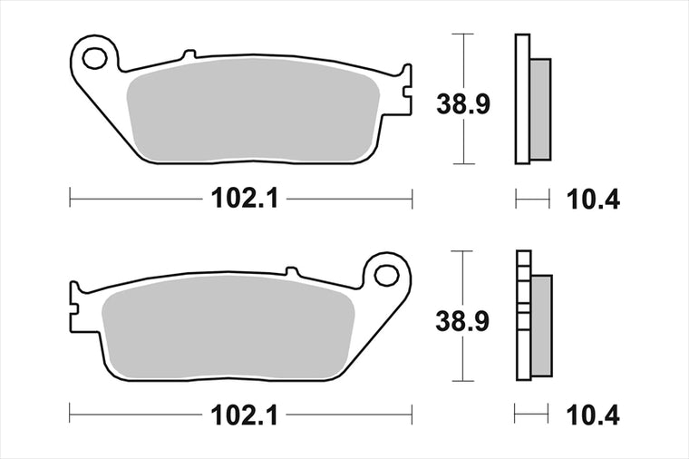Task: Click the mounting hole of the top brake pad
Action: [x=94, y=59]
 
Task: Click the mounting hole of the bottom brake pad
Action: [x=386, y=275]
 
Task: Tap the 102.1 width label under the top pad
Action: [x=245, y=199]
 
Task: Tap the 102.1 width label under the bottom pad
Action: [x=245, y=415]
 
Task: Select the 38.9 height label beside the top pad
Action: [x=462, y=104]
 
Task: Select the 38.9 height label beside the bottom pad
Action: [x=462, y=321]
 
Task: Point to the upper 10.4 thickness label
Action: [x=593, y=200]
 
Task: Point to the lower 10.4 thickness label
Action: [x=593, y=415]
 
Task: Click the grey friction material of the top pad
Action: [x=253, y=110]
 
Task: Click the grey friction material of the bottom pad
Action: [x=228, y=327]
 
